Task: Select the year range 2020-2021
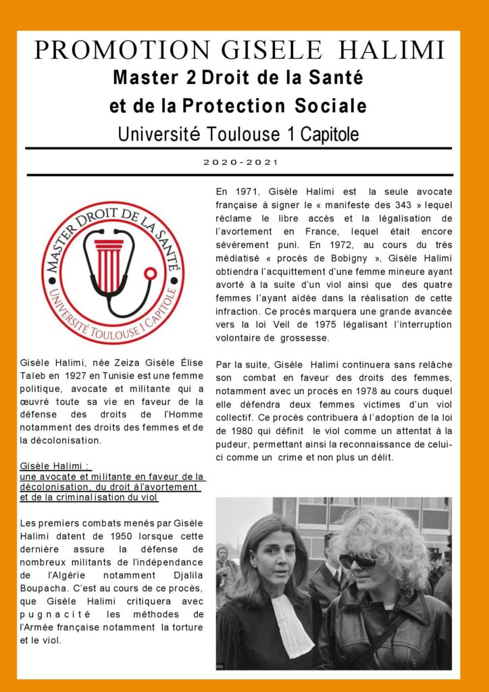(x=240, y=162)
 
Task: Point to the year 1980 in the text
(x=244, y=431)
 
